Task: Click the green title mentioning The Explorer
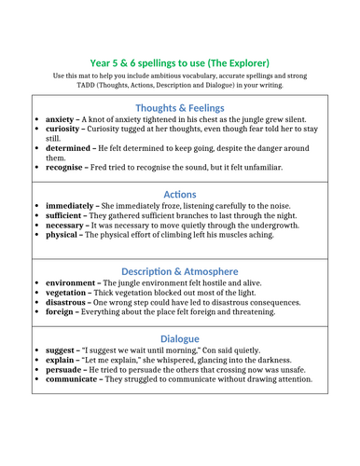(181, 56)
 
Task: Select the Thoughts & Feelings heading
(181, 107)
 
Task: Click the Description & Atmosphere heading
(181, 269)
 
